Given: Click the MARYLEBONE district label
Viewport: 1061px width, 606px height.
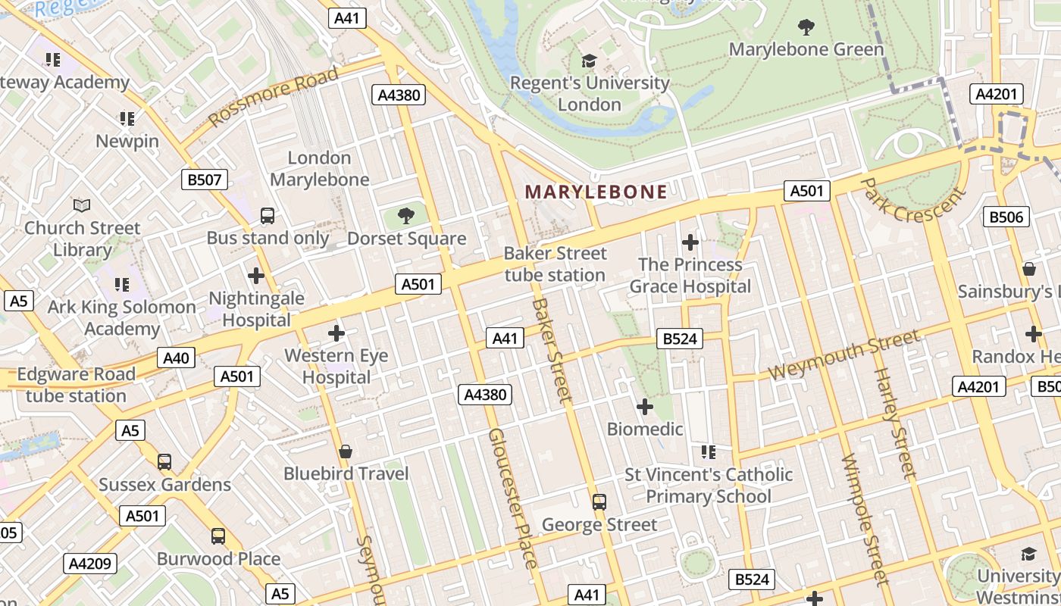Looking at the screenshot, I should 596,192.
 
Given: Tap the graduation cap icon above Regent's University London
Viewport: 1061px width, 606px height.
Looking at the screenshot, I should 589,61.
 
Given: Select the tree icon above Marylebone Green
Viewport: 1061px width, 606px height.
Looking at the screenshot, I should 806,27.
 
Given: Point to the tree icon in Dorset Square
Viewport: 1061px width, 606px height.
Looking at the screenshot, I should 406,216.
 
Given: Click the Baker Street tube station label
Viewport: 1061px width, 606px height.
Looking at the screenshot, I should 556,264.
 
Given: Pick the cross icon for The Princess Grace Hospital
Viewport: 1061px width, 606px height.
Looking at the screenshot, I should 690,242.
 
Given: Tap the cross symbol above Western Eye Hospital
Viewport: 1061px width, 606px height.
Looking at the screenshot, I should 336,333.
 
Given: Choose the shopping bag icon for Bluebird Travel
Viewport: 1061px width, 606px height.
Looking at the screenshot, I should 346,451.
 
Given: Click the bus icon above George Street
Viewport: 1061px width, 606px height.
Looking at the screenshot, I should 599,501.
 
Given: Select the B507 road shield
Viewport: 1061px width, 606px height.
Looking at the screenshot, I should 205,180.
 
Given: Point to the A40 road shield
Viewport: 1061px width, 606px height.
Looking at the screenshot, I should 176,358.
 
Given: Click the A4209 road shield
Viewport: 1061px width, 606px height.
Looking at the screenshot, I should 90,563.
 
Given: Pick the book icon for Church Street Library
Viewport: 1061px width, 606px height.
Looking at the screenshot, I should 82,205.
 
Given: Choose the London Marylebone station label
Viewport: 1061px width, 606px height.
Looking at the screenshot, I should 319,169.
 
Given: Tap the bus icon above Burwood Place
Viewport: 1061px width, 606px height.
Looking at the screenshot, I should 218,536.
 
